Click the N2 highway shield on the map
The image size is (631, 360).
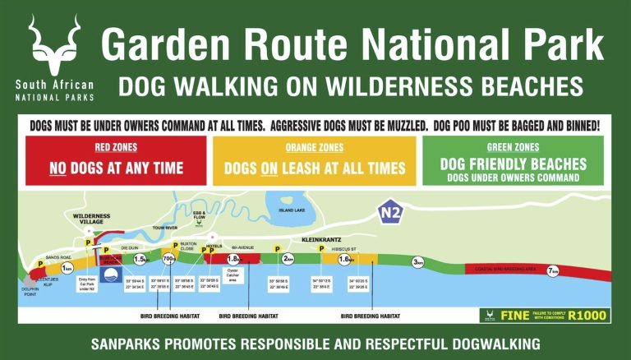[393, 213]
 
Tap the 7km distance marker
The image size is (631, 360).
[554, 270]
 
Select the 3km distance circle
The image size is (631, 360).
[418, 262]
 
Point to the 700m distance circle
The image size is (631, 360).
[170, 261]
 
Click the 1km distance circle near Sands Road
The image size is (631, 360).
[68, 269]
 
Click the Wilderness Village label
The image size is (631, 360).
[91, 218]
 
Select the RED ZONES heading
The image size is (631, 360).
[115, 148]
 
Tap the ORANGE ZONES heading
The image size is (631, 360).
[315, 148]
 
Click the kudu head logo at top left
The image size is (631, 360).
[54, 45]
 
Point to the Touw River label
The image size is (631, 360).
[165, 229]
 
